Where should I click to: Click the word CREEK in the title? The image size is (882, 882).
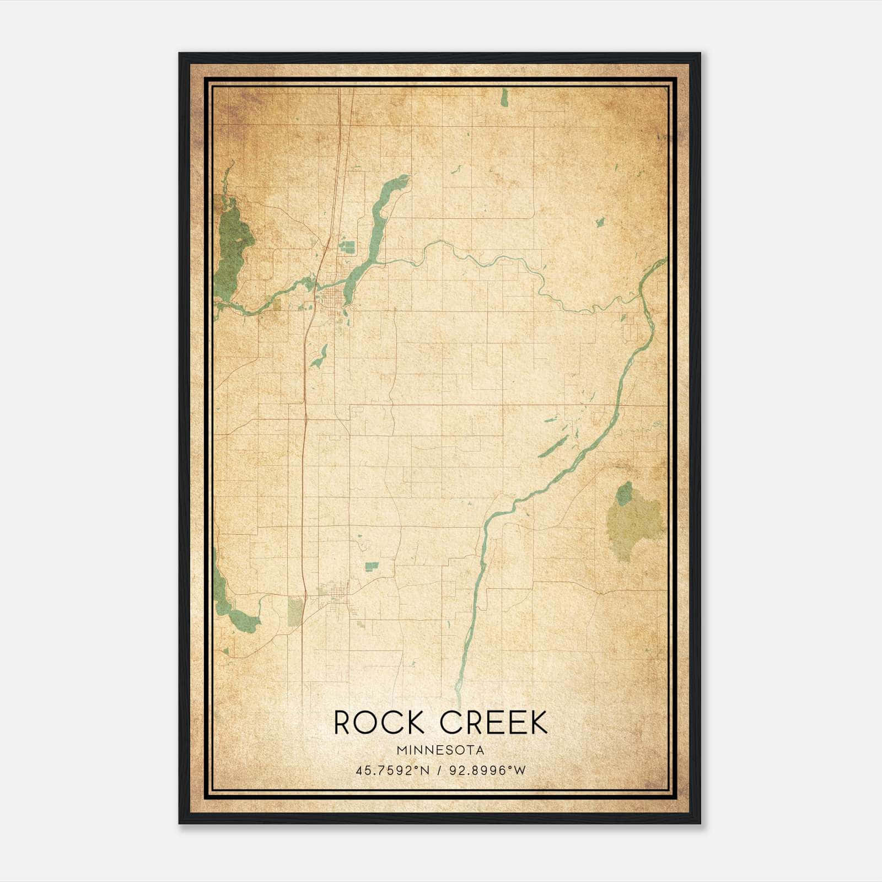point(494,723)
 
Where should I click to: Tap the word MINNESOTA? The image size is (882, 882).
point(440,750)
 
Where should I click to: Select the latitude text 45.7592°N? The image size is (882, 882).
point(392,770)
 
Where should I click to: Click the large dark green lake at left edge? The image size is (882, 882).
point(234,243)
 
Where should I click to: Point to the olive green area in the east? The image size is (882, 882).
point(634,524)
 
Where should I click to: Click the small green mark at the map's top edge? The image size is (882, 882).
point(504,98)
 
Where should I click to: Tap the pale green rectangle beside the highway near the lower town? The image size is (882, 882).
point(295,612)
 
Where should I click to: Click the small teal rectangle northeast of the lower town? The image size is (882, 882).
point(372,566)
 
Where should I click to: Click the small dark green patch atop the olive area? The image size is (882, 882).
point(624,493)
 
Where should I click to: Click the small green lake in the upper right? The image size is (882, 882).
point(600,222)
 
